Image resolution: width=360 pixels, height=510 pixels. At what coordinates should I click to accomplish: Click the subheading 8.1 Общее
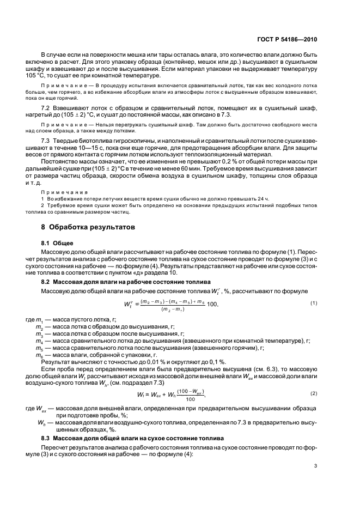click(58, 242)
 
